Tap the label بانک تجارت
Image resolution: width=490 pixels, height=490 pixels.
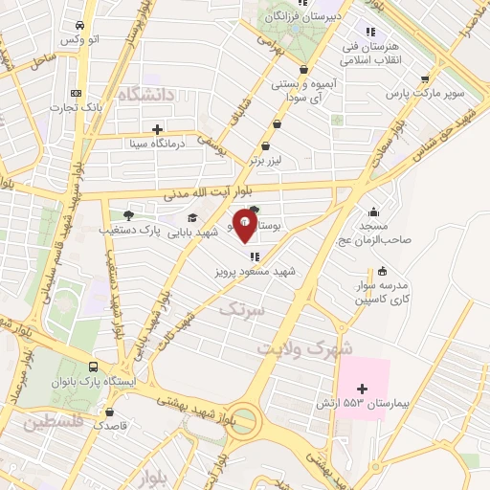pos(77,107)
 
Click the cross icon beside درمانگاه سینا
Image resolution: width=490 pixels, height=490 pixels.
pos(158,129)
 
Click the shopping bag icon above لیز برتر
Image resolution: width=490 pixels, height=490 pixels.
pos(278,122)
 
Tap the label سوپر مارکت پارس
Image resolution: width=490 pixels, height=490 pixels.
pos(424,95)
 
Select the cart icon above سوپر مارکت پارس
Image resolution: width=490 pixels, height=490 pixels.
pos(424,79)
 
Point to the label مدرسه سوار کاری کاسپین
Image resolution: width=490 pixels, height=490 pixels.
pos(383,293)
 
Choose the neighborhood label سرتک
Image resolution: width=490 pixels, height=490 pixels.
pos(239,309)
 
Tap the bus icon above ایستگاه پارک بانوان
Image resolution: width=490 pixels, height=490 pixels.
pos(93,367)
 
